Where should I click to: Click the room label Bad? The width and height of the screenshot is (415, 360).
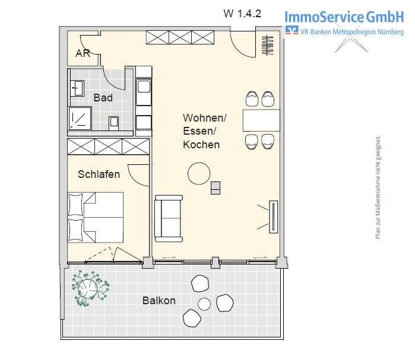click(x=103, y=98)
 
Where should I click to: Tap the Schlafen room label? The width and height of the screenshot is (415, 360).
click(x=99, y=174)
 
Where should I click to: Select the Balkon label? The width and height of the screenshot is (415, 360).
click(x=159, y=301)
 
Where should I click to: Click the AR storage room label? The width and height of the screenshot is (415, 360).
click(x=82, y=53)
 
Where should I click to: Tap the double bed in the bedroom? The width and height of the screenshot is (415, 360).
click(x=95, y=216)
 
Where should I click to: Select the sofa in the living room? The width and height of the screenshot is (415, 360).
click(x=169, y=218)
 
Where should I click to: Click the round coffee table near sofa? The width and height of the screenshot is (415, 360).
click(x=199, y=174)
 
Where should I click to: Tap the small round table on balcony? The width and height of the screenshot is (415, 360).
click(x=204, y=304)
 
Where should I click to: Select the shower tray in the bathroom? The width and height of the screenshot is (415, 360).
click(x=78, y=118)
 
